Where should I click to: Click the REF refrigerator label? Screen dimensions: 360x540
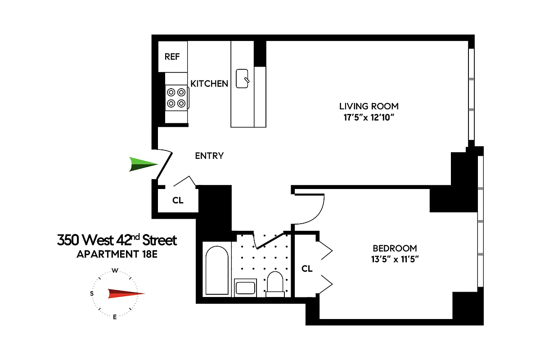[172, 57]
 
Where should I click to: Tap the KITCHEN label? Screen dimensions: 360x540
[209, 84]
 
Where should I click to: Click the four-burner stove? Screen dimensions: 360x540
[176, 98]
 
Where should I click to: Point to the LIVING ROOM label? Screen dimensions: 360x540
[369, 107]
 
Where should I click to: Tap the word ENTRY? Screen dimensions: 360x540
[209, 156]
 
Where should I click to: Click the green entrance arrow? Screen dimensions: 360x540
[143, 164]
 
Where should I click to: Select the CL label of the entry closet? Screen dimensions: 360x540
[178, 200]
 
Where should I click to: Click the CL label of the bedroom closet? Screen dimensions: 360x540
[307, 269]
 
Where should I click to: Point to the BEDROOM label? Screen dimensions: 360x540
[394, 248]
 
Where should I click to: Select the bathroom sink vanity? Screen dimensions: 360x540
[245, 287]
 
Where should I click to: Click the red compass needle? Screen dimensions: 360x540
[126, 294]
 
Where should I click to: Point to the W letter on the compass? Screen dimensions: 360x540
[115, 271]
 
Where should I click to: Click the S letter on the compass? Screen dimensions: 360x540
[92, 294]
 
